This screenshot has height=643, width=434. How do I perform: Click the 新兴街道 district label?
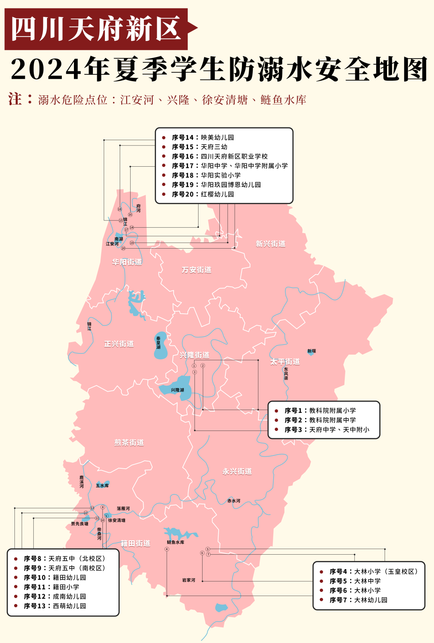(x=270, y=244)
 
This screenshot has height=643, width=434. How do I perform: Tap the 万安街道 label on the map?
(x=197, y=270)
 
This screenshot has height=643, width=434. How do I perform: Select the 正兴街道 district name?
(x=119, y=344)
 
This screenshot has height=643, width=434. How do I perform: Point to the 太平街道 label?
(x=285, y=361)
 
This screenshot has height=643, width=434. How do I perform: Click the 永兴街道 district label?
(x=237, y=471)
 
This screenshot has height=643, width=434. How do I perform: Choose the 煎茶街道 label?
(x=129, y=442)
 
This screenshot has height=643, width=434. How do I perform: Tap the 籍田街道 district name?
(x=135, y=543)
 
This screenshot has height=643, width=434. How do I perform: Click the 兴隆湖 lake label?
(x=177, y=390)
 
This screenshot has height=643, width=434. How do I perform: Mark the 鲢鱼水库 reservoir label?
(x=176, y=542)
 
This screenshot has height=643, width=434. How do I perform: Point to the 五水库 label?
(x=102, y=486)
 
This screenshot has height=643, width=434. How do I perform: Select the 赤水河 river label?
(x=234, y=501)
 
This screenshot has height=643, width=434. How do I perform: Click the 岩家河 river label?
(x=188, y=580)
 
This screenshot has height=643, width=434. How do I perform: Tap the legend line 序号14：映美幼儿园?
(x=203, y=137)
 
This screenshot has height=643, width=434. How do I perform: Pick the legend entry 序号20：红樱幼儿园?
(x=203, y=194)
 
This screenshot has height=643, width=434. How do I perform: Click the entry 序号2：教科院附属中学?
(x=320, y=420)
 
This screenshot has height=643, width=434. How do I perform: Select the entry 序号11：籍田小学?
(x=51, y=587)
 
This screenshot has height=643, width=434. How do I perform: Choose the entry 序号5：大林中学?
(x=355, y=581)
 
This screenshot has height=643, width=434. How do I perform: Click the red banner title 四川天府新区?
(x=96, y=29)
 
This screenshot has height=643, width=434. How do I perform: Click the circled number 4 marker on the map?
(x=167, y=549)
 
